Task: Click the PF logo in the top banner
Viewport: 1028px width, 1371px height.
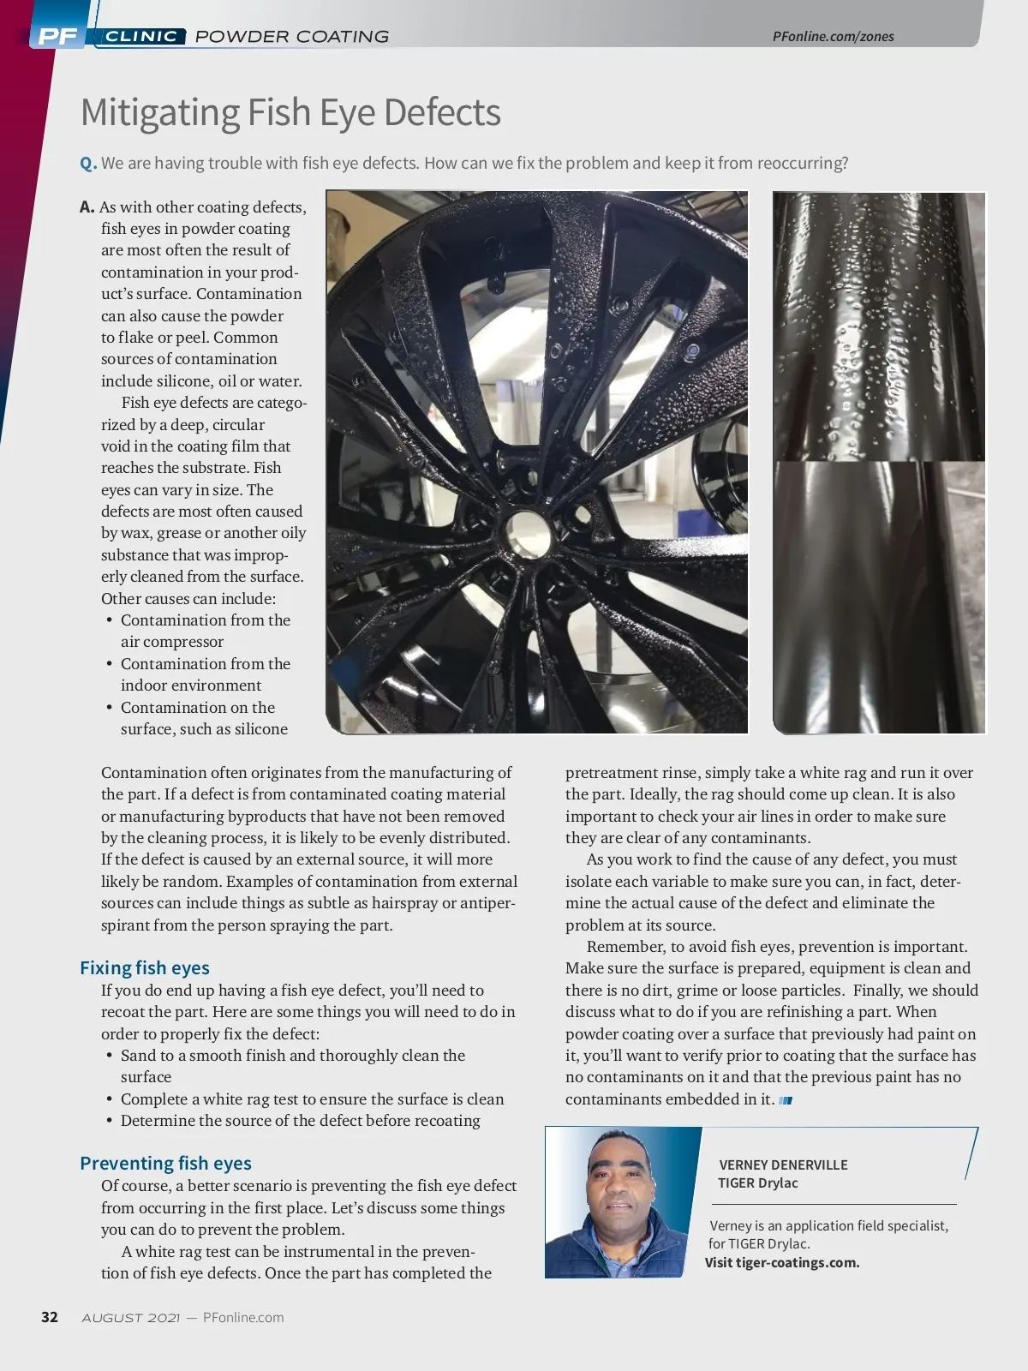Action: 58,36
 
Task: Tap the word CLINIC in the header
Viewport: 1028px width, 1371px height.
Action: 141,36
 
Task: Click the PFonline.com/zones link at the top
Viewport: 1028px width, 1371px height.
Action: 833,36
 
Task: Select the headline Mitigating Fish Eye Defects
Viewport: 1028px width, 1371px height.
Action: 290,112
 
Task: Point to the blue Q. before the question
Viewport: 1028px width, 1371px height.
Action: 87,164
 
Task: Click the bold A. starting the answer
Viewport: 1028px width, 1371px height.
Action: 87,207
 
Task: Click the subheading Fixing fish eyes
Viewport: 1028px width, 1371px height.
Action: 144,968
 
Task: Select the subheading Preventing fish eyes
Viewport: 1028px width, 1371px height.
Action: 165,1164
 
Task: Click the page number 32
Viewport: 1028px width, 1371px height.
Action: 50,1317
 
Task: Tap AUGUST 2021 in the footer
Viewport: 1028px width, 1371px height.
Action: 130,1318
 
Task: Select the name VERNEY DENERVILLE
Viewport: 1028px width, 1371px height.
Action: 783,1164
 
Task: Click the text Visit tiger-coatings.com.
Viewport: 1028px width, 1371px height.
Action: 782,1262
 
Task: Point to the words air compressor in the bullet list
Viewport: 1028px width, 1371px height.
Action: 171,642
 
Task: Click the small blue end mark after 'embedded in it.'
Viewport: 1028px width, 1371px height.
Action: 786,1100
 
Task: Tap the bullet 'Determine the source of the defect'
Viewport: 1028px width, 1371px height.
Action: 300,1121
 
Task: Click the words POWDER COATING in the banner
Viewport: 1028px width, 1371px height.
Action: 292,36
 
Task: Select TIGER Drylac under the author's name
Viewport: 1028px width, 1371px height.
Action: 758,1183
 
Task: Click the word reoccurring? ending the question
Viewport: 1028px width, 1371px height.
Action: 803,164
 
